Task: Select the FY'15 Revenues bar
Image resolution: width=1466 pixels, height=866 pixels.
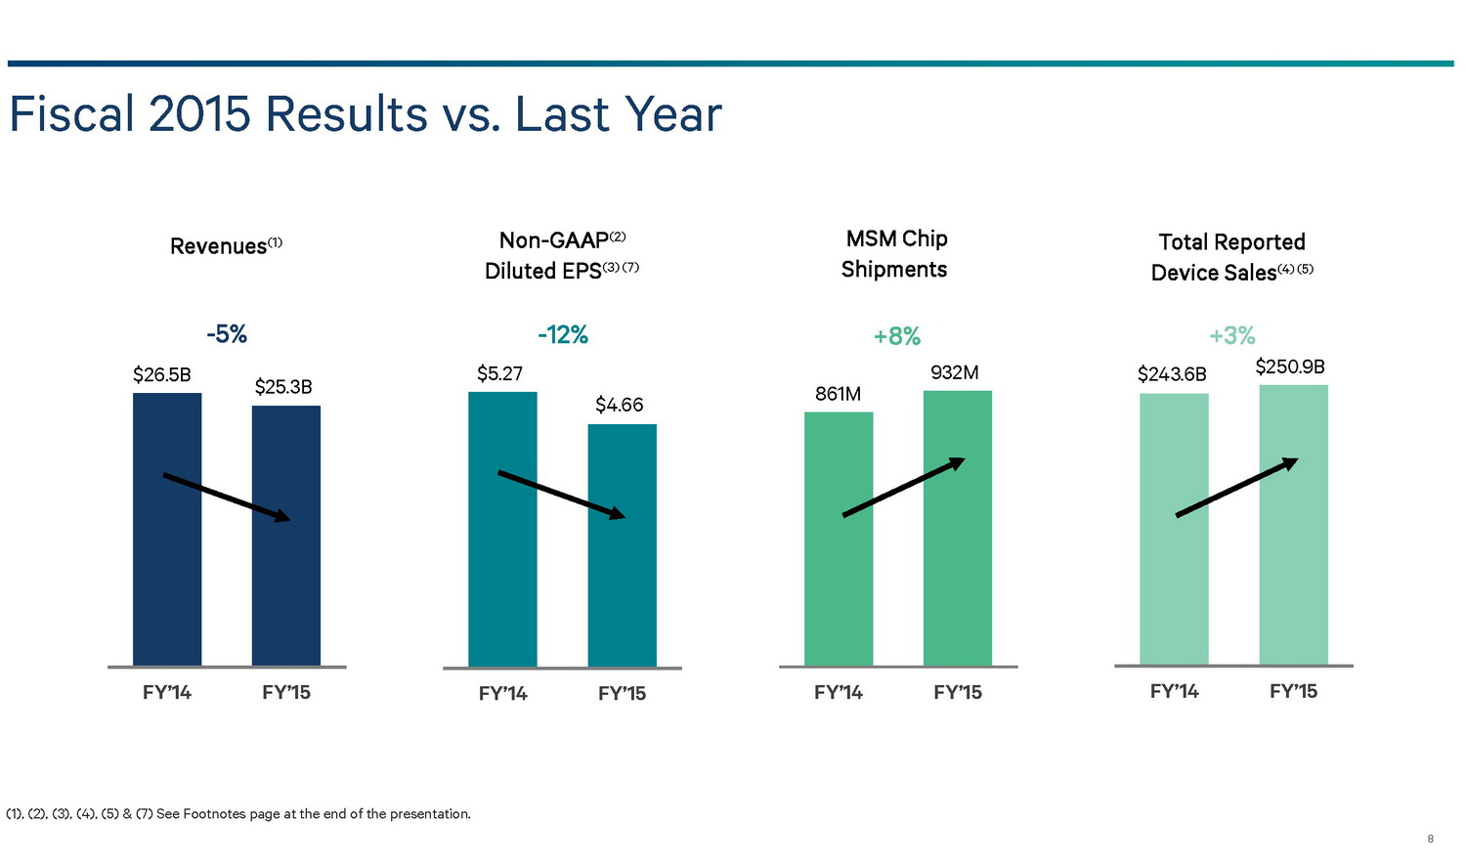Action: point(286,586)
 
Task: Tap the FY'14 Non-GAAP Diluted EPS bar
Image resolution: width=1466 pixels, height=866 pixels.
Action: point(502,586)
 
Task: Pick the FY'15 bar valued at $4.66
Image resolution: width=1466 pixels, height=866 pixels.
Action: point(622,586)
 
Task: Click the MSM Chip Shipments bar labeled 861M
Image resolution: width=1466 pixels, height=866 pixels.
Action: point(839,586)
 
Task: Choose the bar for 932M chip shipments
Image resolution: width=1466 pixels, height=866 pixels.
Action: point(958,586)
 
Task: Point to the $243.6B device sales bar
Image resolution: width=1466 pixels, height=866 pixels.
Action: point(1174,586)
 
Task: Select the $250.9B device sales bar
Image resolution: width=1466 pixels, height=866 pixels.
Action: point(1293,586)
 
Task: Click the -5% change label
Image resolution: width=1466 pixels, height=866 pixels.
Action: point(227,334)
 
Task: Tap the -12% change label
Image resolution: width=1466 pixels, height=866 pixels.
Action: point(563,335)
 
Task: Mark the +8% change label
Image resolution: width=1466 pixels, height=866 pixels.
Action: point(897,336)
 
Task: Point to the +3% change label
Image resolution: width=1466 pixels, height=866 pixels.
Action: point(1232,335)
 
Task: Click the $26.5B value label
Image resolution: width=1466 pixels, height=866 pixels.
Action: point(162,374)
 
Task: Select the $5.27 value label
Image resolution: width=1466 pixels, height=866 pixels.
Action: point(499,373)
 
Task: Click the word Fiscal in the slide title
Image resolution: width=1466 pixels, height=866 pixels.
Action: point(71,114)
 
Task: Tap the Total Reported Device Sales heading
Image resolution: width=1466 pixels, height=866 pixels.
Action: point(1231,257)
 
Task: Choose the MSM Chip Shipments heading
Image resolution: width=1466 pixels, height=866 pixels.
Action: point(895,254)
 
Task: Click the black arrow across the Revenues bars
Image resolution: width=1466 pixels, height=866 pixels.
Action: point(227,497)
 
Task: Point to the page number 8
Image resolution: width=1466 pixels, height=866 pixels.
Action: point(1431,839)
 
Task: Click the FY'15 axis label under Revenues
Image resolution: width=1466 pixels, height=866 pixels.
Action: point(286,693)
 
